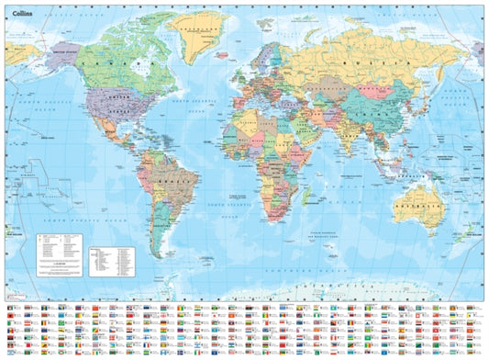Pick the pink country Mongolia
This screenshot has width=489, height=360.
tap(376, 93)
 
